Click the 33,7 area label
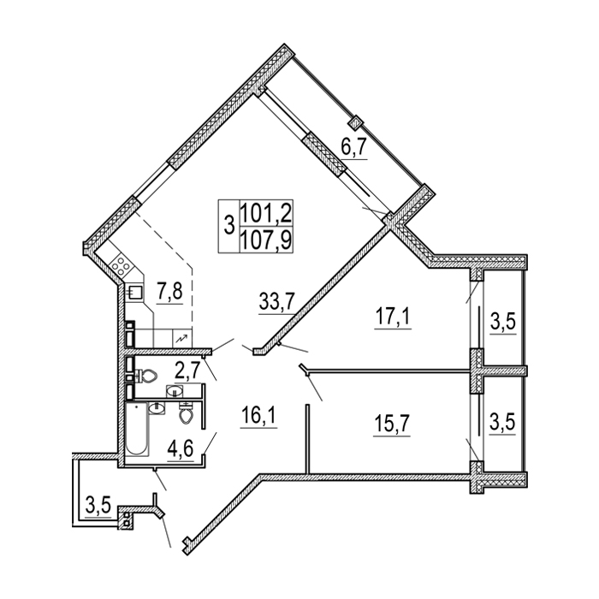(276, 301)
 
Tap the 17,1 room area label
(394, 316)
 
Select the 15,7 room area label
(392, 423)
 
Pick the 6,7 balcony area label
(354, 146)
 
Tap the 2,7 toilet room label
(187, 371)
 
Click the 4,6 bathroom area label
(181, 449)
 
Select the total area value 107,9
(266, 240)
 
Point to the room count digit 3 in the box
(228, 225)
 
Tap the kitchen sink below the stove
(135, 293)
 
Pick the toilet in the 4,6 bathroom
(187, 413)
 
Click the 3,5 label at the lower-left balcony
(98, 507)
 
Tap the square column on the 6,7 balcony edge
(355, 122)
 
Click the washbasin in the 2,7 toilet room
(175, 392)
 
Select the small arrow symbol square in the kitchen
(182, 338)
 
